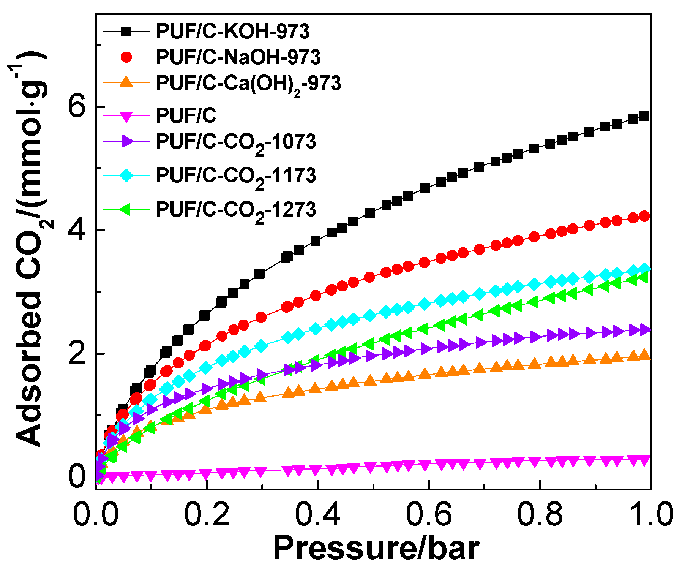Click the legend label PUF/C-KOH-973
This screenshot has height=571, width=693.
[x=232, y=31]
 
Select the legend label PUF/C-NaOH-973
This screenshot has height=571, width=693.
[x=238, y=57]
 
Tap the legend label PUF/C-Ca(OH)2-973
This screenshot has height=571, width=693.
[x=248, y=83]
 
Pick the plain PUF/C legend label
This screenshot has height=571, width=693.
[x=186, y=115]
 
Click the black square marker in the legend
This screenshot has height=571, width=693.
[x=126, y=32]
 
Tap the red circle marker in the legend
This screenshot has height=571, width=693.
[x=126, y=57]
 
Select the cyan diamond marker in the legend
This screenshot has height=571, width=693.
[x=126, y=176]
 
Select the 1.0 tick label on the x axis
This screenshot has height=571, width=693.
[x=650, y=514]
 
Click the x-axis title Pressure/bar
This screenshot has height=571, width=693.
[x=376, y=549]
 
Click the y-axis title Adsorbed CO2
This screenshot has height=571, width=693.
[x=28, y=251]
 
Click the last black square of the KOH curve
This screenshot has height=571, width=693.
[x=644, y=116]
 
